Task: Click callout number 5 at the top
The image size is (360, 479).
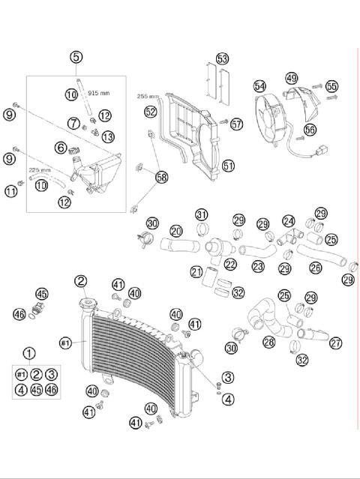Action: click(76, 57)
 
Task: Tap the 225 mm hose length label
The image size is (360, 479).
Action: click(40, 170)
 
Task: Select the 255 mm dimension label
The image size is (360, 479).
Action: click(148, 97)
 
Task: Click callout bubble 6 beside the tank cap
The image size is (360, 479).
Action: click(59, 148)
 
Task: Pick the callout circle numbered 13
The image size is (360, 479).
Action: click(109, 136)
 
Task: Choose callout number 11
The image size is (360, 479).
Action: click(10, 191)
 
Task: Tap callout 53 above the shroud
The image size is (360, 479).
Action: click(222, 58)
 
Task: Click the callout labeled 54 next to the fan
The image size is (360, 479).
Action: click(259, 87)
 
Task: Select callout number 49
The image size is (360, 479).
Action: click(291, 78)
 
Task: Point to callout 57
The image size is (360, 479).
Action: click(237, 124)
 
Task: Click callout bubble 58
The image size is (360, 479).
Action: click(161, 177)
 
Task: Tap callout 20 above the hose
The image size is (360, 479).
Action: click(176, 231)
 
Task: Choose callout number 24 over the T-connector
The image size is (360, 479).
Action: click(289, 221)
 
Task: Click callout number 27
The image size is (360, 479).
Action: click(335, 343)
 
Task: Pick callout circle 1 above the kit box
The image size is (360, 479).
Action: click(29, 354)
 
